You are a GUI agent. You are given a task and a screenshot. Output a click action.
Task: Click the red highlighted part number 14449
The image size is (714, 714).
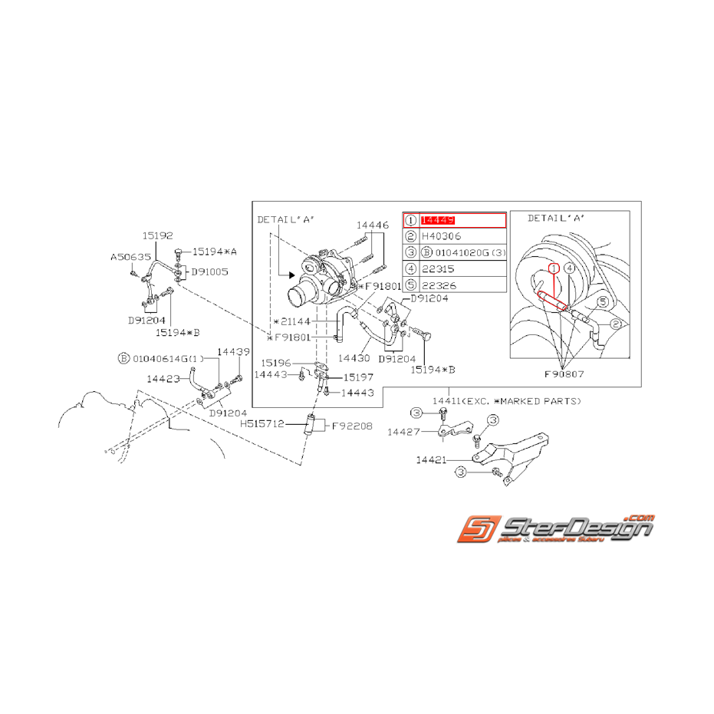439,221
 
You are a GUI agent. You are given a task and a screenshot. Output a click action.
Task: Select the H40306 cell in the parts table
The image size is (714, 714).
441,236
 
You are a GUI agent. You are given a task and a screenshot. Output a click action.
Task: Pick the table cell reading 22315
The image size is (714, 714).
438,268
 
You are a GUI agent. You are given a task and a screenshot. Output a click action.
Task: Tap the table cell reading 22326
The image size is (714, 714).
438,285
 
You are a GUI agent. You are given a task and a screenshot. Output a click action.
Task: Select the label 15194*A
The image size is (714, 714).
214,251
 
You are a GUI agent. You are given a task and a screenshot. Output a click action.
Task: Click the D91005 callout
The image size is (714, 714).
209,271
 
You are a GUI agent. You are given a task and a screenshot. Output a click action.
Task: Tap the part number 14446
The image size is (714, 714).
372,225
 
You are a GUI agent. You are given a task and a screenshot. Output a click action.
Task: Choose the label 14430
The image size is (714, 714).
354,357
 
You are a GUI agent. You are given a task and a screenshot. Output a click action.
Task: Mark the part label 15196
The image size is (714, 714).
275,363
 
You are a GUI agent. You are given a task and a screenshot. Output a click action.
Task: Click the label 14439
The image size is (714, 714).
233,351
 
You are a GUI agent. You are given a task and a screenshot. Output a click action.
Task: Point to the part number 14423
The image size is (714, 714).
163,378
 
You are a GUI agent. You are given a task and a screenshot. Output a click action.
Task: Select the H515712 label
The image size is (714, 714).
262,423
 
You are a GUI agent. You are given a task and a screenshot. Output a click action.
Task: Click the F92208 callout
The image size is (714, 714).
352,425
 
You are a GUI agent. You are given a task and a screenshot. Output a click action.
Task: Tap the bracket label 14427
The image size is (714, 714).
404,432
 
